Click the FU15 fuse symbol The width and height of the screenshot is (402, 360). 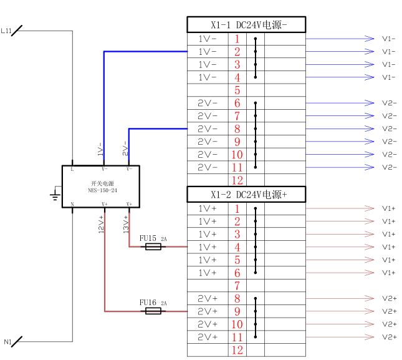(x=153, y=247)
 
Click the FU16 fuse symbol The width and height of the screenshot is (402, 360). (x=153, y=311)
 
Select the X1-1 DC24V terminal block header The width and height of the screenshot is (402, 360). (x=246, y=25)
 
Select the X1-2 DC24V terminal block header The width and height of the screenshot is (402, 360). (x=246, y=195)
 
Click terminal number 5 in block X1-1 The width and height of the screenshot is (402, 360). (x=237, y=90)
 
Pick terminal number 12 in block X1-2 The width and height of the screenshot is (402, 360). (x=237, y=350)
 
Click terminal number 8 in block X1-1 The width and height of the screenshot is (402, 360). (x=237, y=129)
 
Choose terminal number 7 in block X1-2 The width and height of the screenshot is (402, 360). (x=237, y=286)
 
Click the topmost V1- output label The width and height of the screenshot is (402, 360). (x=389, y=39)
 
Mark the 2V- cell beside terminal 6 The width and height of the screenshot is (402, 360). (x=207, y=104)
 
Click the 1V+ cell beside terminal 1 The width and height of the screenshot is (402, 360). (x=207, y=208)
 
